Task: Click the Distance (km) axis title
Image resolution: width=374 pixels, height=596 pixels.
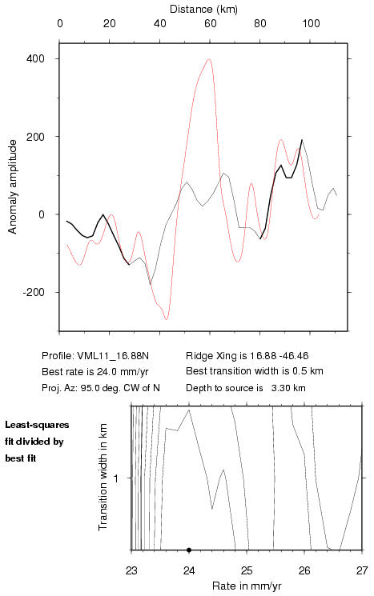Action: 203,9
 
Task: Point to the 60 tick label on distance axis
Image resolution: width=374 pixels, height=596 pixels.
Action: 210,23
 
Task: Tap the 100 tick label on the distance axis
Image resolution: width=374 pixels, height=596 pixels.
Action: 311,23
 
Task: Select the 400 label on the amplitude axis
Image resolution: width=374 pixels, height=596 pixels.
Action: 35,59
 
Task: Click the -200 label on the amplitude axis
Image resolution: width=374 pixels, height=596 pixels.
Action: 34,292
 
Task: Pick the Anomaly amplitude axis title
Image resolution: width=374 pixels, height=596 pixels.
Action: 13,186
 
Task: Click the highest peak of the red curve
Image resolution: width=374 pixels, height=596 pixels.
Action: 209,59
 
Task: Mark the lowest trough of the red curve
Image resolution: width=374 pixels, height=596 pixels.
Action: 167,319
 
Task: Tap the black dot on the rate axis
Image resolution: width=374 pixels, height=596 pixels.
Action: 189,550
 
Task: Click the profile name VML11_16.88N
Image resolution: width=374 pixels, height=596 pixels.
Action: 113,356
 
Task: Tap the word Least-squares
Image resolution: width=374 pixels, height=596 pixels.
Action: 37,425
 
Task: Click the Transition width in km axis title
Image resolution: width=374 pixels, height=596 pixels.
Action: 103,478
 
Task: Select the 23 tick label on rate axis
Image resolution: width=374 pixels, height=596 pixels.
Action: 131,570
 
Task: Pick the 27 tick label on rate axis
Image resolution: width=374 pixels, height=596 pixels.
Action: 362,570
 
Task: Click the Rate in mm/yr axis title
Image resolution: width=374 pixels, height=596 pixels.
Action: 247,586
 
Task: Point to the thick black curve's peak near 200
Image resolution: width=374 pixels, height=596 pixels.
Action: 302,140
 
